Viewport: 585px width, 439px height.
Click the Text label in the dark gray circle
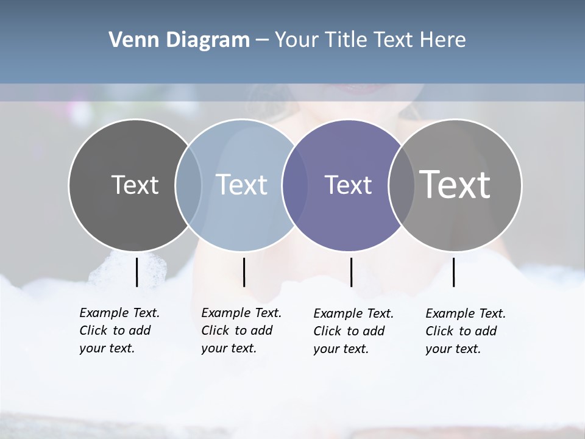[135, 184]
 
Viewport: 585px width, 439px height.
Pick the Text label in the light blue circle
[241, 184]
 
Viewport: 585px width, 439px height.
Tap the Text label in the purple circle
[348, 184]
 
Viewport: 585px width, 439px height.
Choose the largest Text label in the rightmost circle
[455, 184]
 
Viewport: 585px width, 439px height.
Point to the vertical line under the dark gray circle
[136, 272]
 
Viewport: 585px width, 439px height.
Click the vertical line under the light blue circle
[244, 272]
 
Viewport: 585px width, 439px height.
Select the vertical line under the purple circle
[351, 272]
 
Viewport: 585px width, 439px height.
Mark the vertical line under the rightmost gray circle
[453, 272]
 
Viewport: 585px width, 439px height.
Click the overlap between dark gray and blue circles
[188, 185]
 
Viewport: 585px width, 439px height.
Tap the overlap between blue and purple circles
[295, 185]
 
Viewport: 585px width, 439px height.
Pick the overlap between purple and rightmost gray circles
[400, 185]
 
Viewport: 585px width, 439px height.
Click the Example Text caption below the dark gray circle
[119, 330]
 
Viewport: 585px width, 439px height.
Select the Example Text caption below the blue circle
[241, 330]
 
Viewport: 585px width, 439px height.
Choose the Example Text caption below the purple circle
[353, 331]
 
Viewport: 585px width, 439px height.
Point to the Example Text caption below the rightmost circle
[466, 331]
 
